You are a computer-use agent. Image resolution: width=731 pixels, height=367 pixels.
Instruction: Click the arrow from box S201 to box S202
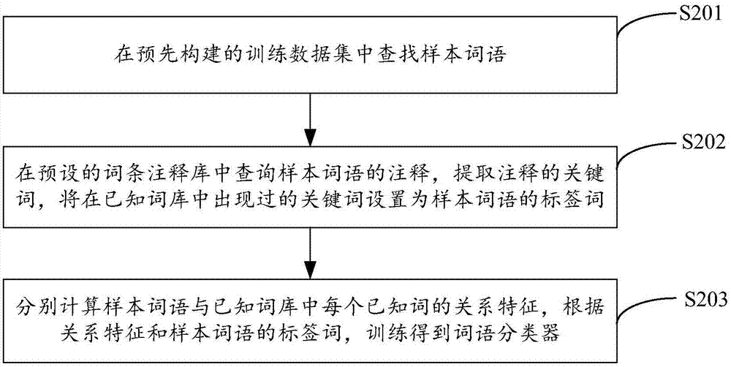tap(310, 119)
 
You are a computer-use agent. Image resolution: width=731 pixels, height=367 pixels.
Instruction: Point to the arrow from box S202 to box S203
tap(310, 253)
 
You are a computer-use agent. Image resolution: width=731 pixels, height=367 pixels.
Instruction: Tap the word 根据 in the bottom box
tap(583, 308)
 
